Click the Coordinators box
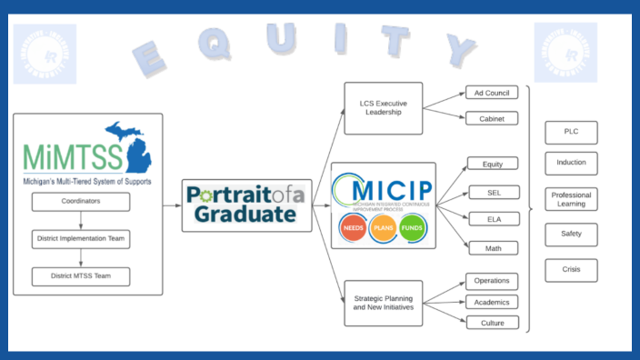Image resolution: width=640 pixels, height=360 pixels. click(81, 201)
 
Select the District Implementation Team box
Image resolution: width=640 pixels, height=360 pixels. click(81, 239)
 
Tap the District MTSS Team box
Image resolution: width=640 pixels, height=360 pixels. click(81, 275)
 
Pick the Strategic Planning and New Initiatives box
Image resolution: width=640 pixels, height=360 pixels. click(384, 302)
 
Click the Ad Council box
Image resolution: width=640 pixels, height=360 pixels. click(491, 93)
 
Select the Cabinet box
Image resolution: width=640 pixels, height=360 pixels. click(491, 118)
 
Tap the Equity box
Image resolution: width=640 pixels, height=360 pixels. click(491, 164)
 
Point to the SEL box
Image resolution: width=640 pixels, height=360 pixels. click(491, 192)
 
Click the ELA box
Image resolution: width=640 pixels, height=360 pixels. click(491, 218)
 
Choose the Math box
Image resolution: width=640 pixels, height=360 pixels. click(491, 246)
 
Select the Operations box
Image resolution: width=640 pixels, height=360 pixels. click(491, 281)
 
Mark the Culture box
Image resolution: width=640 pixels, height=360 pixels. click(491, 322)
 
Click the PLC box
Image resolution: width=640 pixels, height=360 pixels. click(571, 133)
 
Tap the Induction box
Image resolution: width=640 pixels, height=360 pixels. click(571, 164)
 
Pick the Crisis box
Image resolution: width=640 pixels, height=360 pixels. click(571, 270)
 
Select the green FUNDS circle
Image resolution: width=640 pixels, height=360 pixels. click(413, 228)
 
